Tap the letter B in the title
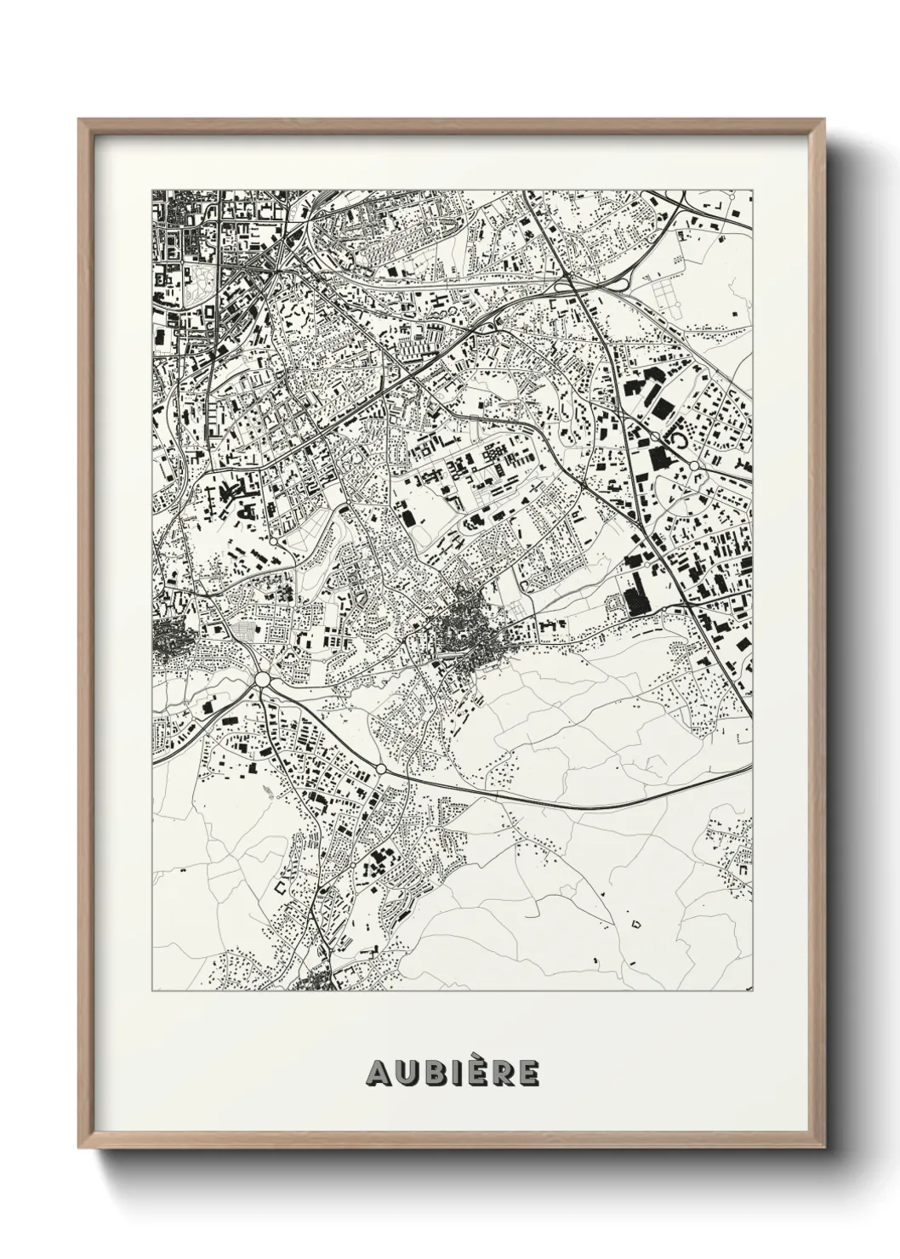click(x=431, y=1074)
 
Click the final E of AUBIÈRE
click(x=528, y=1074)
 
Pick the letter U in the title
click(x=405, y=1074)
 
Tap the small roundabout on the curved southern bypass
click(x=381, y=768)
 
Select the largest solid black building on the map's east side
click(x=636, y=593)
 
